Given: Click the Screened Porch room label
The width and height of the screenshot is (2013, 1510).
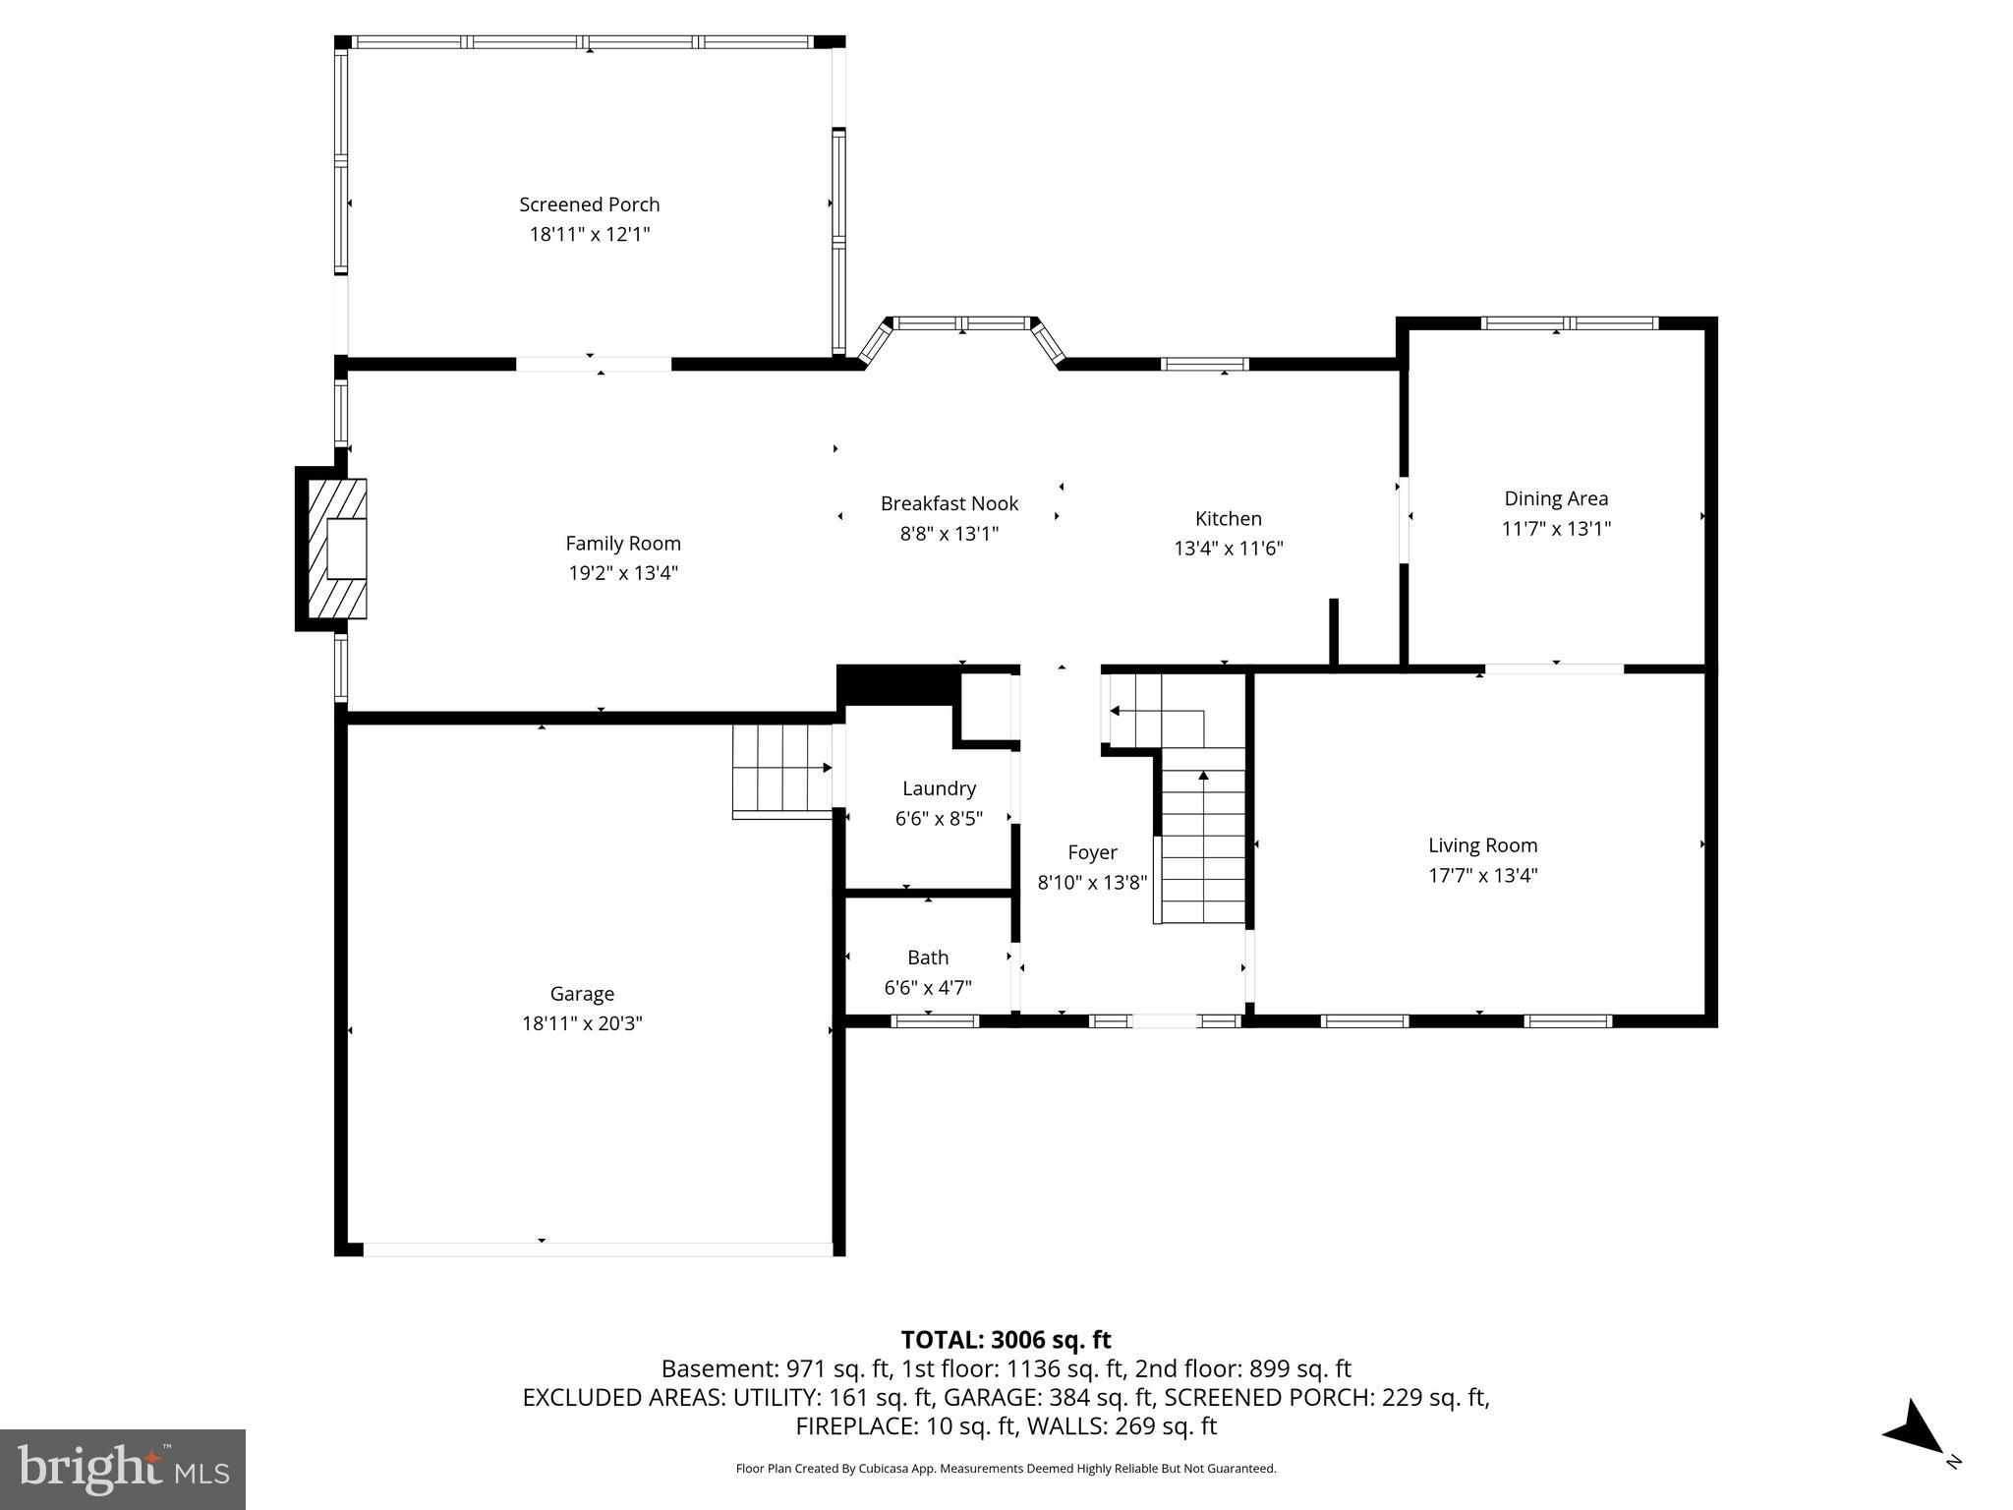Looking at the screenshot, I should (x=589, y=204).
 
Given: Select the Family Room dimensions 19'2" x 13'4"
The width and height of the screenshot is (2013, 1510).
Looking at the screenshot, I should (x=623, y=573).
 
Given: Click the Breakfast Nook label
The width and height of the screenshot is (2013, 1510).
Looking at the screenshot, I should (x=949, y=503).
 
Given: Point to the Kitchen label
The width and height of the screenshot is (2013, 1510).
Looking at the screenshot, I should (x=1228, y=518).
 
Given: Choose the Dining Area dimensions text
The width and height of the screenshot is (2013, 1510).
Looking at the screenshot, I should (x=1555, y=529).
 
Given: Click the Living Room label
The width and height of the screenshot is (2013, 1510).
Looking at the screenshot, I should (x=1482, y=845).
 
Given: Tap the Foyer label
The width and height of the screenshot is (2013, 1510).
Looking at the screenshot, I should (x=1092, y=852).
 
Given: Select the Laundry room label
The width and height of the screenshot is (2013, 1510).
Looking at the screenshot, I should (x=939, y=788).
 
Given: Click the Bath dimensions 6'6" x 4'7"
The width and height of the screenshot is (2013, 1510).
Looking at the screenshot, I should (x=928, y=988).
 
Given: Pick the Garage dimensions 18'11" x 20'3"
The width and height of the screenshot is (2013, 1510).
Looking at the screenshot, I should (x=582, y=1023).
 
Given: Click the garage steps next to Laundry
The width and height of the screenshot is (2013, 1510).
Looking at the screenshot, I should (x=781, y=770).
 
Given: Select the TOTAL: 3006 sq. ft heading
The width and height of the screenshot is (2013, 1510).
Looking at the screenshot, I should (x=1006, y=1340).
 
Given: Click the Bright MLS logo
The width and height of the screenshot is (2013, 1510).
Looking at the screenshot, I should (x=123, y=1470).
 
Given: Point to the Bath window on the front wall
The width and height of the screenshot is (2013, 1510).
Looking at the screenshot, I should (x=934, y=1021).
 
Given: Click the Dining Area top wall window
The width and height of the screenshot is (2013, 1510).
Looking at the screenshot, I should (x=1569, y=323).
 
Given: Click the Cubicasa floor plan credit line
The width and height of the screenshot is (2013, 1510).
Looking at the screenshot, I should (x=1006, y=1469).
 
